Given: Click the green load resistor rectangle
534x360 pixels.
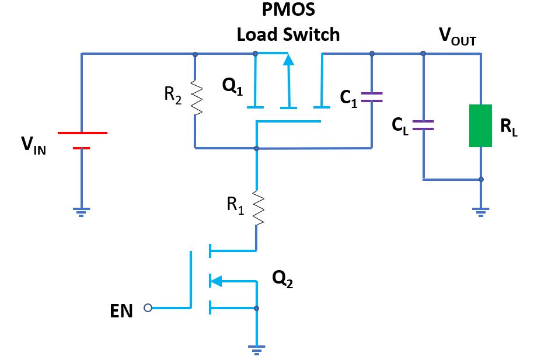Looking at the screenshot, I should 481,125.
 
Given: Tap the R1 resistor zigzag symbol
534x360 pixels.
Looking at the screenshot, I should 256,207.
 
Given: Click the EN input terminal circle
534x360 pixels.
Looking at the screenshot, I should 148,307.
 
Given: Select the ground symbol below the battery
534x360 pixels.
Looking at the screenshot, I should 81,212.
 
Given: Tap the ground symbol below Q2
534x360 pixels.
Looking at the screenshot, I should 256,350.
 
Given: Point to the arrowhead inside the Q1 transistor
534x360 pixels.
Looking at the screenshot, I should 285,60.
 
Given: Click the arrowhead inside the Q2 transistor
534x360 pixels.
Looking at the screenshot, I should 215,281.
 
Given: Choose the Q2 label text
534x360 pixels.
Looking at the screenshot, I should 283,282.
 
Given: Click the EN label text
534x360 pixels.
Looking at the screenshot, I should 121,312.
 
